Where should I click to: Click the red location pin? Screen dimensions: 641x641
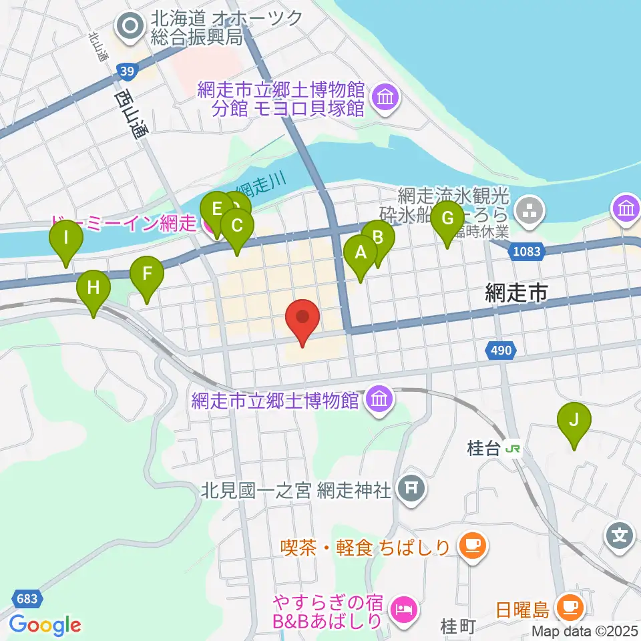click(x=302, y=317)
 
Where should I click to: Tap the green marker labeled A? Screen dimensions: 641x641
click(x=361, y=254)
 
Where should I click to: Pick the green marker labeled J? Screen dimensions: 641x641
click(x=574, y=421)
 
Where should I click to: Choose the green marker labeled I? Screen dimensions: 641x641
click(x=66, y=238)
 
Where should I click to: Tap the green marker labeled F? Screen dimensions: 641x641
click(x=147, y=274)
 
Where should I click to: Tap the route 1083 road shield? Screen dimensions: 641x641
click(x=527, y=252)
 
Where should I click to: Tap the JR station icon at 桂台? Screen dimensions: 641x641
click(x=512, y=449)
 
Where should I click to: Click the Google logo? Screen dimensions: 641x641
click(x=45, y=625)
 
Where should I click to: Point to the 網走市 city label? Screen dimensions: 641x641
click(x=517, y=292)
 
